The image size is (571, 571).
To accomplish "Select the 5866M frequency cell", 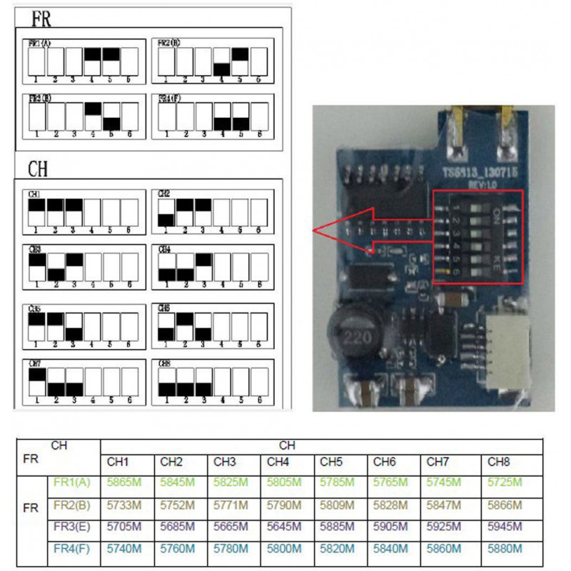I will [x=502, y=505].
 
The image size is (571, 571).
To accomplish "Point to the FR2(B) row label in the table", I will [x=72, y=505].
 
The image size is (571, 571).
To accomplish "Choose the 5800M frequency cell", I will [x=281, y=549].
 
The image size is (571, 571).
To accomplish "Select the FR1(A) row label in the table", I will [x=72, y=482].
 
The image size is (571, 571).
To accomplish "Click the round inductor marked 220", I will [x=350, y=333].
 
